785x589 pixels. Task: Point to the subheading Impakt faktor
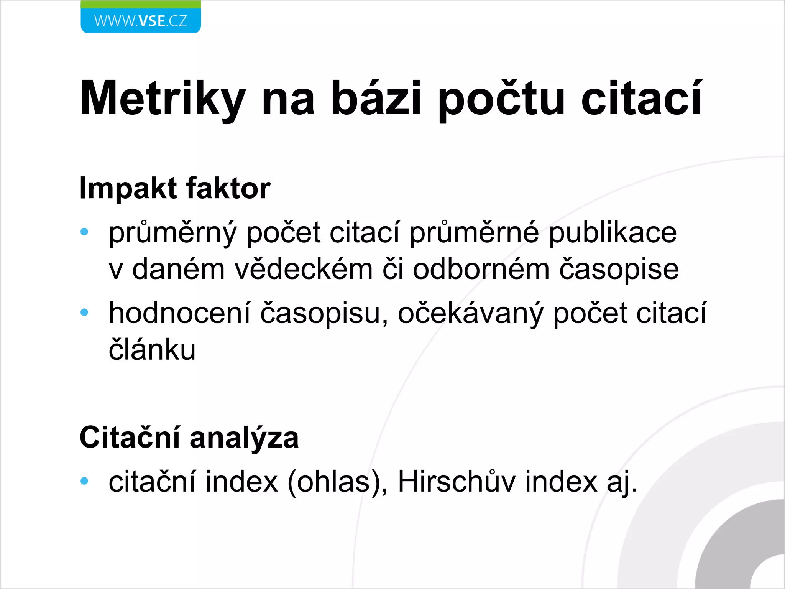pyautogui.click(x=175, y=188)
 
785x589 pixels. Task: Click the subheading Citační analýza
pyautogui.click(x=189, y=438)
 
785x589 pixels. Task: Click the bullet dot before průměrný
pyautogui.click(x=84, y=232)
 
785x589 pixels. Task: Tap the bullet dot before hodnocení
pyautogui.click(x=84, y=313)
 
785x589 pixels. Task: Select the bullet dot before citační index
pyautogui.click(x=84, y=481)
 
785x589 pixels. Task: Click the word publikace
pyautogui.click(x=613, y=233)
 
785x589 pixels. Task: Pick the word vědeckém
pyautogui.click(x=304, y=269)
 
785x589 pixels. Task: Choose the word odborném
pyautogui.click(x=481, y=269)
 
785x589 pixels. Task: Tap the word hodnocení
pyautogui.click(x=179, y=313)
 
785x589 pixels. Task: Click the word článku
pyautogui.click(x=152, y=349)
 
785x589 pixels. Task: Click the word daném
pyautogui.click(x=178, y=269)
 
